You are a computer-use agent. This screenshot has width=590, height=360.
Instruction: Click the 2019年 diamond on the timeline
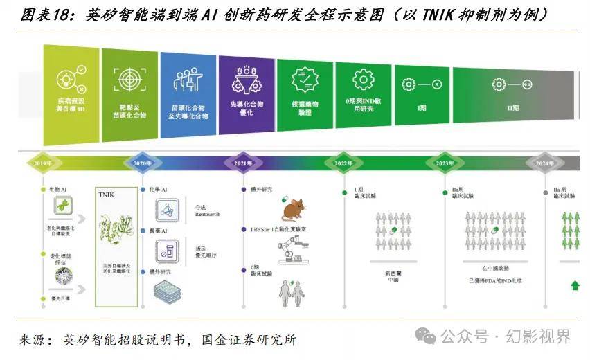click(x=43, y=163)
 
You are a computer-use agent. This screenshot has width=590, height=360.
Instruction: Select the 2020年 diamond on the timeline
click(x=143, y=163)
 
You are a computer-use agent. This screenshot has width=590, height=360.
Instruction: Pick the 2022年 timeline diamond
click(x=343, y=163)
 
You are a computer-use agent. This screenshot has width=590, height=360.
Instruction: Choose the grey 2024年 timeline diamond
click(x=544, y=163)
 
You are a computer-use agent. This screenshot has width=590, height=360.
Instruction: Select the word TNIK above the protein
click(x=110, y=197)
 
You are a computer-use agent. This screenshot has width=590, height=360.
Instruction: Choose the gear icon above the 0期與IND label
click(x=364, y=80)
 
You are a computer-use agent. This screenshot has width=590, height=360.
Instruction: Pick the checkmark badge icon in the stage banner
click(x=305, y=80)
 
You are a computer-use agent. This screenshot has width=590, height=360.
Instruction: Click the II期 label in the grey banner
click(x=513, y=109)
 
